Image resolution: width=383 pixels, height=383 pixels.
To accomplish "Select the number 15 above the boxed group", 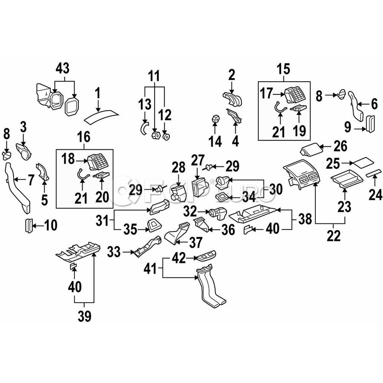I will click(283, 68).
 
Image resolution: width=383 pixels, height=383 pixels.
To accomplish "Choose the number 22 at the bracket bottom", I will click(334, 235).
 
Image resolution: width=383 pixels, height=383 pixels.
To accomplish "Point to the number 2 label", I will click(232, 75).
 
